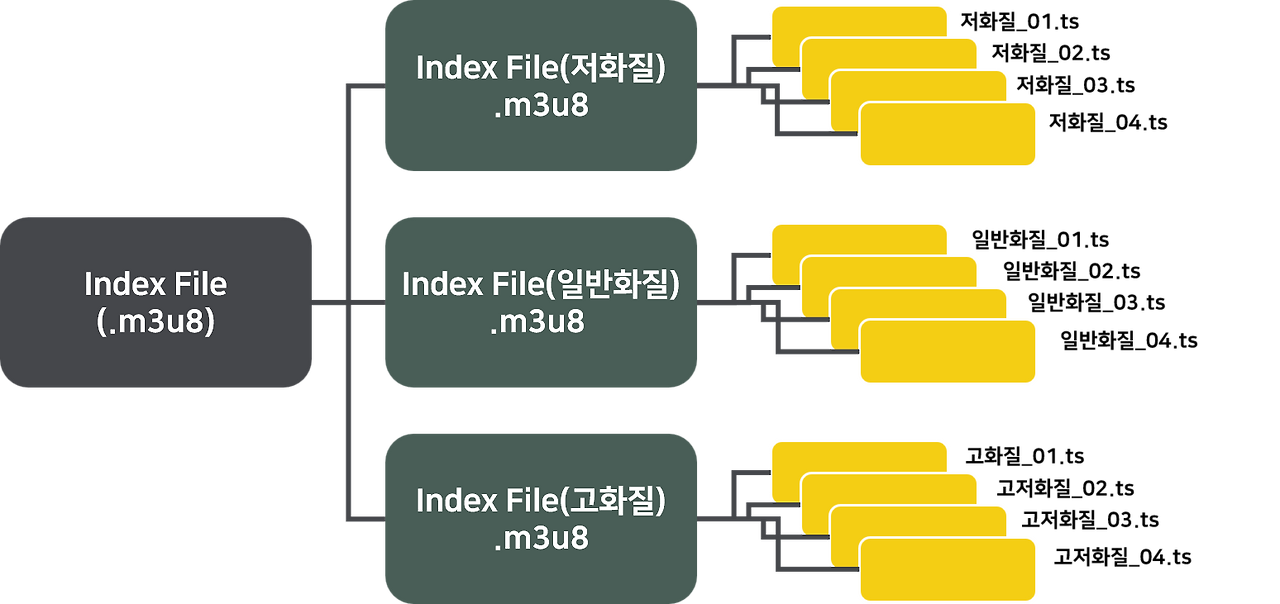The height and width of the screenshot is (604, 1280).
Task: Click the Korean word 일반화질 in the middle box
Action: [x=614, y=284]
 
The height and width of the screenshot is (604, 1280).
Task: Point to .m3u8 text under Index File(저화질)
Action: [x=541, y=107]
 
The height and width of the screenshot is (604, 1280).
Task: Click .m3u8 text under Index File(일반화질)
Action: [x=541, y=323]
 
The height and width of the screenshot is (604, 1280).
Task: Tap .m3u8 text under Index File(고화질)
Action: [x=541, y=539]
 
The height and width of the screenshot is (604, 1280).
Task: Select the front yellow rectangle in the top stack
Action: [x=948, y=135]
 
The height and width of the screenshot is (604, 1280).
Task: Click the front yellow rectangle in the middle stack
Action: [x=948, y=351]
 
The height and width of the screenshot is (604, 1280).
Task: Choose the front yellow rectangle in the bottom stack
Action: [x=948, y=568]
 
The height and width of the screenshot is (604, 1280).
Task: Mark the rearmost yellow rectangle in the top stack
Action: [x=858, y=20]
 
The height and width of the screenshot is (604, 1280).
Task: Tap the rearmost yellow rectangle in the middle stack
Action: [x=858, y=237]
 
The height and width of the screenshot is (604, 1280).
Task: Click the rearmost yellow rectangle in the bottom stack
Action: [x=858, y=454]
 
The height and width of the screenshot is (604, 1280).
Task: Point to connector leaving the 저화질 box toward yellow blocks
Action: [x=714, y=86]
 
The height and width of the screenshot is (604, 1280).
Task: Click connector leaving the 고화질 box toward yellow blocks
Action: [x=714, y=518]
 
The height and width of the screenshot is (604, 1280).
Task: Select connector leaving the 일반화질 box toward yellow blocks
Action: [x=714, y=301]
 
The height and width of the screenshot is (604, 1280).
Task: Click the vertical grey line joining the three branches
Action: [x=347, y=200]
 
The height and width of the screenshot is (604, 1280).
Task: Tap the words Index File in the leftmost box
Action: [x=155, y=284]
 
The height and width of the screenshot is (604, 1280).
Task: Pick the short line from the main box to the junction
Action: [x=329, y=301]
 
